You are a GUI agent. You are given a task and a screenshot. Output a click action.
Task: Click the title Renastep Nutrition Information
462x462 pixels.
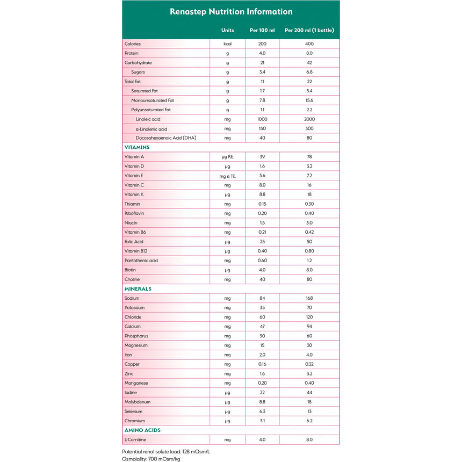(x=231, y=11)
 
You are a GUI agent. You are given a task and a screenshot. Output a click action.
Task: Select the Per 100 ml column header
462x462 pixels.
(x=262, y=30)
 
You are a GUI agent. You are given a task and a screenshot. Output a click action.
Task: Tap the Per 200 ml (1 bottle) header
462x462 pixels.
(x=309, y=30)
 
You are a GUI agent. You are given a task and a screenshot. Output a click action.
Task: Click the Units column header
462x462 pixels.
(x=228, y=30)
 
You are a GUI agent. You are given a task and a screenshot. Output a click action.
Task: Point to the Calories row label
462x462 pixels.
(x=133, y=44)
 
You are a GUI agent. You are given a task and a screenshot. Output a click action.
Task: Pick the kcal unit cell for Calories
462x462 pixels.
(x=228, y=44)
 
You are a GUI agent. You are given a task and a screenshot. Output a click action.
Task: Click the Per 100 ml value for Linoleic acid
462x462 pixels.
(x=262, y=119)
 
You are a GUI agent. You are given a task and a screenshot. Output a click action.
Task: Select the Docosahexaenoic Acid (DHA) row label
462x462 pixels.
(x=166, y=138)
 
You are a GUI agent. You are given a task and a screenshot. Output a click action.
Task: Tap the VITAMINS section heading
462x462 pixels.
(x=137, y=147)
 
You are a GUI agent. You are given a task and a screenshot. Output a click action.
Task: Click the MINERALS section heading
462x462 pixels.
(x=138, y=289)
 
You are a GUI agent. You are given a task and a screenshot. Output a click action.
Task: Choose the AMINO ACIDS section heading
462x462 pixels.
(x=142, y=430)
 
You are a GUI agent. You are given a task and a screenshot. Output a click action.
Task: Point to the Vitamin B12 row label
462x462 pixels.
(x=136, y=251)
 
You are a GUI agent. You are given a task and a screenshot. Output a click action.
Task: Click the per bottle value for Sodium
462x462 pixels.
(x=309, y=298)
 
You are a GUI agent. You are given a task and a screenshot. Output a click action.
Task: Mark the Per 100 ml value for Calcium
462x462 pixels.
(x=262, y=327)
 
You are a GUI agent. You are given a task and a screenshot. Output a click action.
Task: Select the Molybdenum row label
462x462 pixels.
(x=137, y=402)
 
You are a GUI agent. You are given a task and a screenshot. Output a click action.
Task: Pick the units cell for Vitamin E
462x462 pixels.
(x=228, y=176)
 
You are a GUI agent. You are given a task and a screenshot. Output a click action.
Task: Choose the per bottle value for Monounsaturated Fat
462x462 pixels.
(x=309, y=100)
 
